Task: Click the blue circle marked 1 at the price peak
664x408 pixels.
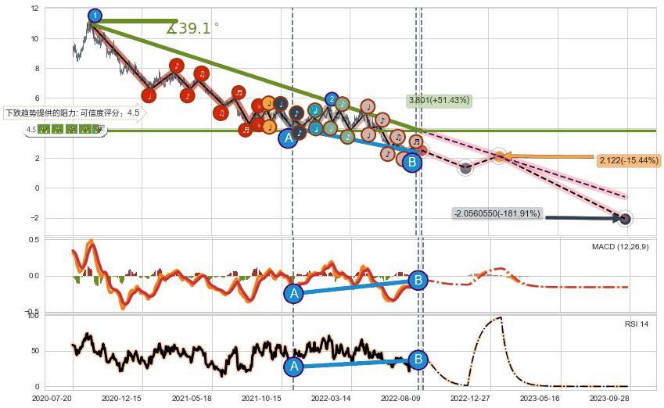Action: point(95,15)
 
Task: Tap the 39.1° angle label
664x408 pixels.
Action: point(192,29)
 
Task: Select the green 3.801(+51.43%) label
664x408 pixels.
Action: point(438,100)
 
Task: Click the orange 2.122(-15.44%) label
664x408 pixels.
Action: point(628,161)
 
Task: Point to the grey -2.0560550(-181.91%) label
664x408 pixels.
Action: point(497,213)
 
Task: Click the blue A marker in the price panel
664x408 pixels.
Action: point(289,138)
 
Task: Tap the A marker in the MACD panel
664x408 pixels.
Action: point(294,293)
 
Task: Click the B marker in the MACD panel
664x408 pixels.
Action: point(418,280)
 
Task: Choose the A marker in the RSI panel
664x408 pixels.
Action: point(294,366)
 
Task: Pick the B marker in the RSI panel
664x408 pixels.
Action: point(418,360)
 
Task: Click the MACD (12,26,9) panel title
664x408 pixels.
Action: point(619,247)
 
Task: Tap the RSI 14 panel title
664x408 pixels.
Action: point(636,323)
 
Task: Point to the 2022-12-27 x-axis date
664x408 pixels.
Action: point(470,398)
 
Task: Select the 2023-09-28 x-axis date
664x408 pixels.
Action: point(609,398)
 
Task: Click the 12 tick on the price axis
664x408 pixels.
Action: point(34,9)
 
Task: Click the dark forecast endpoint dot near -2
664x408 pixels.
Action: point(625,219)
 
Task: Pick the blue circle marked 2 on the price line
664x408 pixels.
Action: point(332,99)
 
